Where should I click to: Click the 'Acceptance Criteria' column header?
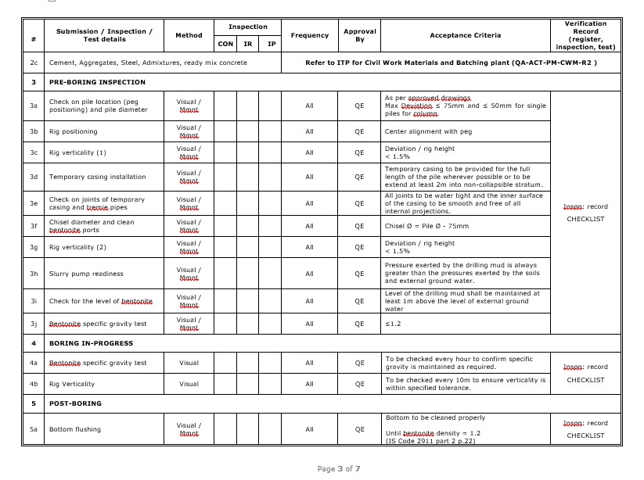465,35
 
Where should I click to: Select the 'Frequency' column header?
309,35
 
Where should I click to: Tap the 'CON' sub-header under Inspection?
225,44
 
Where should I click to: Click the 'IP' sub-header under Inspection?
272,44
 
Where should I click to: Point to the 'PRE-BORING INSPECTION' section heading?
97,81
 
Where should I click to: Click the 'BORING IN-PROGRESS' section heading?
91,343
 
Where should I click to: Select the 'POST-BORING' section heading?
75,403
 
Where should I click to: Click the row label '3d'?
34,177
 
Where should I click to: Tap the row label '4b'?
34,384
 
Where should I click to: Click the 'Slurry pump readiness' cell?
86,274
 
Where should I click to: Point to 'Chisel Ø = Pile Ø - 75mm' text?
426,226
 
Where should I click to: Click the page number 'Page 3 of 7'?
338,468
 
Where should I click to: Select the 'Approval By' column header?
359,35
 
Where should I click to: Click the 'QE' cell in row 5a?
359,429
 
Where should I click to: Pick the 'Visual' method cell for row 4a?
189,363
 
